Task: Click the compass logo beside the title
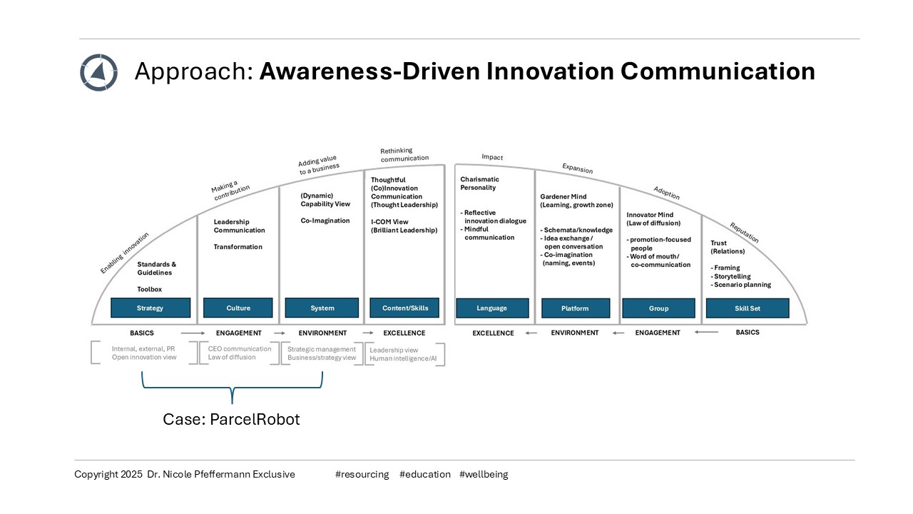tap(98, 72)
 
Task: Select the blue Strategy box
tap(151, 308)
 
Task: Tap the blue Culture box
tap(238, 308)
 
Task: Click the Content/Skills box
tap(404, 307)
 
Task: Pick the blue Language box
tap(491, 308)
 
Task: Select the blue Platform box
tap(575, 308)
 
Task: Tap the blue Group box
tap(658, 308)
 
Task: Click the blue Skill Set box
tap(748, 308)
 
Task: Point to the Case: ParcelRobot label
tap(231, 420)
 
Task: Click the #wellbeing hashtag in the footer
tap(484, 474)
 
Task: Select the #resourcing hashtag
tap(362, 474)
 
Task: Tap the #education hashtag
tap(425, 474)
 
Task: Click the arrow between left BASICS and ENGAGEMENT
tap(192, 333)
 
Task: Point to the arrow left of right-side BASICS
tap(707, 332)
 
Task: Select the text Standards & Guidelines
tap(156, 268)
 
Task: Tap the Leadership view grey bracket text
tap(394, 350)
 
